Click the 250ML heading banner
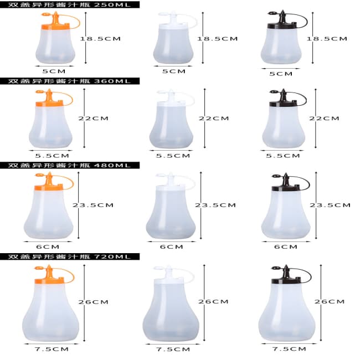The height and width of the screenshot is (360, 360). coord(70,4)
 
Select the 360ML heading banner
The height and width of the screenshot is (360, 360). coord(70,81)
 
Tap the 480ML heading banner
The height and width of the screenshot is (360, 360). coord(70,165)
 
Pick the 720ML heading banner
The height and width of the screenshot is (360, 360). coord(70,256)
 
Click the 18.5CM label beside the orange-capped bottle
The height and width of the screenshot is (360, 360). coord(100,39)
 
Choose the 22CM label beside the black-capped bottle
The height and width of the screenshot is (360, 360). coord(324,119)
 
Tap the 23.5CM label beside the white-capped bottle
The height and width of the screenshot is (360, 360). coord(215,205)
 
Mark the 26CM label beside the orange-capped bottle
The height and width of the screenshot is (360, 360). coord(93,302)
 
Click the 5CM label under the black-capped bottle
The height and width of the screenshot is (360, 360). coord(281,74)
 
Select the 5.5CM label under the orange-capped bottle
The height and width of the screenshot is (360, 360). coord(52,156)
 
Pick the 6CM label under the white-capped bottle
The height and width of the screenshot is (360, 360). coord(172,247)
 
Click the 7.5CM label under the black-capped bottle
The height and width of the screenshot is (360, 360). coord(289,349)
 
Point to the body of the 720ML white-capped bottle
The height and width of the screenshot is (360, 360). coord(171,312)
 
